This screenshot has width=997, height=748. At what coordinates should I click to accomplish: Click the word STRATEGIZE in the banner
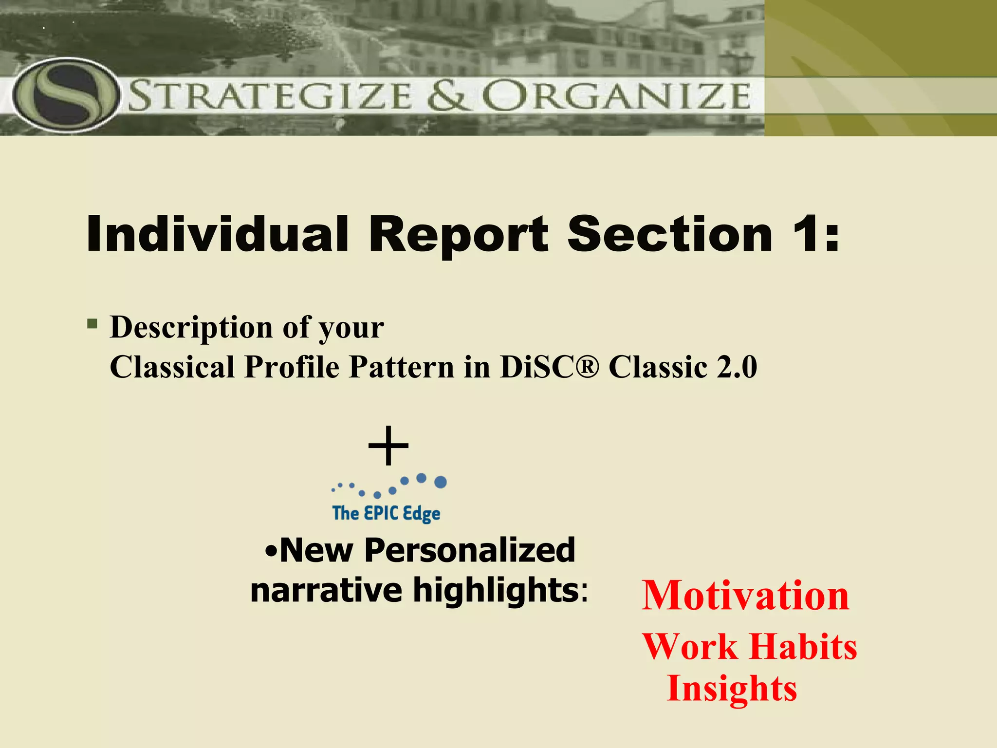tap(270, 96)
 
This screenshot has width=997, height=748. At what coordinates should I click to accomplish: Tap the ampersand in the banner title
tap(449, 96)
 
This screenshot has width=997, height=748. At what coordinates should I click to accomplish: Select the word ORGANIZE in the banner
tap(616, 96)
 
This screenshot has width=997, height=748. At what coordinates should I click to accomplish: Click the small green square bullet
tap(92, 324)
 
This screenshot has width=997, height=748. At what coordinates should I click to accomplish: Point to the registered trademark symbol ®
tap(591, 367)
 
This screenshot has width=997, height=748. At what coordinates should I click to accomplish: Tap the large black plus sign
tap(388, 446)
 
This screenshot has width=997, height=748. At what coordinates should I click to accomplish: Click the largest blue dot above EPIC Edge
tap(440, 482)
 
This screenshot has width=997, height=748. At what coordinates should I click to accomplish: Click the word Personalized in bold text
tap(470, 550)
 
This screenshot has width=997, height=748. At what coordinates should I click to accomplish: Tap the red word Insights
tap(732, 689)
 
